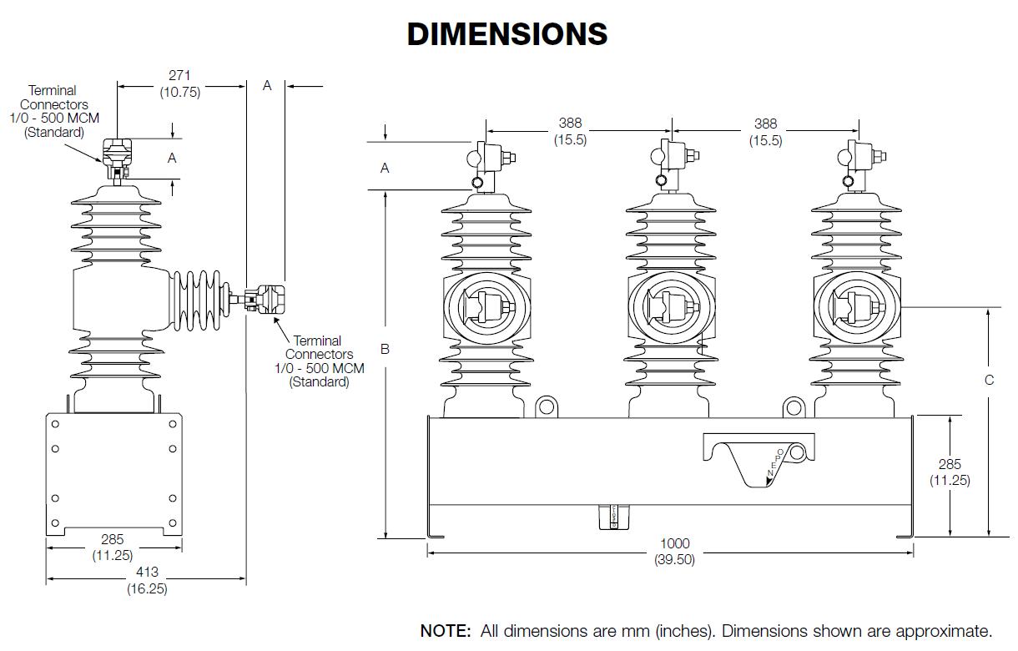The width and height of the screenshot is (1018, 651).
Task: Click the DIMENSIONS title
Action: click(507, 34)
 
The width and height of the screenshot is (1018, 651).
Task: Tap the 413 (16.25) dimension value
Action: click(147, 581)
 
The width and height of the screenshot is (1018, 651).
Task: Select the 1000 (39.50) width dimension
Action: click(674, 552)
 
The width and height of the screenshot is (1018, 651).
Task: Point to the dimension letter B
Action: click(385, 349)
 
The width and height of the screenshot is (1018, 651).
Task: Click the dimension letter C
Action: click(989, 380)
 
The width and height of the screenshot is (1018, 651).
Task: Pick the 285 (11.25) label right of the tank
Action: click(950, 472)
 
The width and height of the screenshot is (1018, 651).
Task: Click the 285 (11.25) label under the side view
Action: click(112, 548)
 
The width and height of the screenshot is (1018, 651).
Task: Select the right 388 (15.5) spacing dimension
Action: click(765, 132)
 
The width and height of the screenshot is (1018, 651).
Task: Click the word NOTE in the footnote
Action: click(446, 630)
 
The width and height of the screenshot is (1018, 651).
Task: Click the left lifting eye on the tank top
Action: click(547, 406)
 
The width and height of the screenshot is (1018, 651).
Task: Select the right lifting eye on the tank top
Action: click(793, 406)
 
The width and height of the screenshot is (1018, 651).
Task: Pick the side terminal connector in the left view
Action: click(265, 299)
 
